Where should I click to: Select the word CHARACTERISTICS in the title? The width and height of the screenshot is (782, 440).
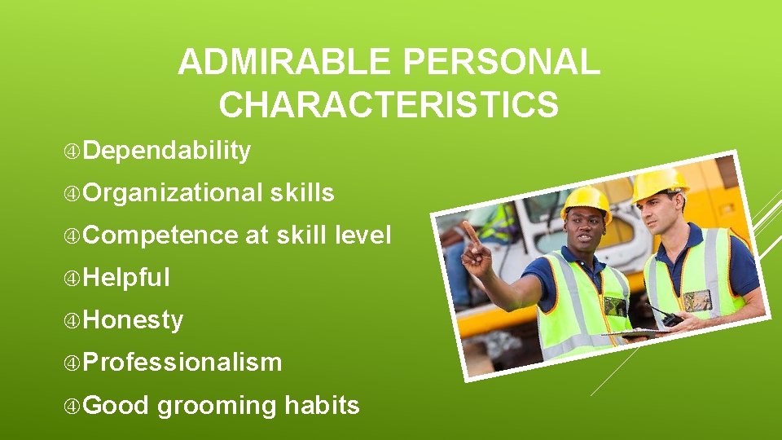[x=389, y=105]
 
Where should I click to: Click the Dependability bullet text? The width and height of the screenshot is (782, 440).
[x=166, y=151]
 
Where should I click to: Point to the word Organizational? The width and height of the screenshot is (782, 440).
[x=173, y=193]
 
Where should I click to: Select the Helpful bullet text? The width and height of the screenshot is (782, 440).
[x=126, y=278]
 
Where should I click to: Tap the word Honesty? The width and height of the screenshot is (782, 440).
[x=133, y=320]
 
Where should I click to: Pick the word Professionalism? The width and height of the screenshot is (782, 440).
[x=182, y=363]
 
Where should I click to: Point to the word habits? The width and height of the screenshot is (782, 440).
[x=322, y=405]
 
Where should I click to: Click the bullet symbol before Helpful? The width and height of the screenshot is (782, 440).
[x=73, y=278]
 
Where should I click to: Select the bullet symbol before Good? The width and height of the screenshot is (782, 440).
[x=73, y=405]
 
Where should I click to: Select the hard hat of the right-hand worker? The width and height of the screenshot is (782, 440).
[x=659, y=183]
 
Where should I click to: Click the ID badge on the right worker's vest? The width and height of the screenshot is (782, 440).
[x=697, y=301]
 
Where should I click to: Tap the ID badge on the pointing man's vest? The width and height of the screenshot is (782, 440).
[x=615, y=306]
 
